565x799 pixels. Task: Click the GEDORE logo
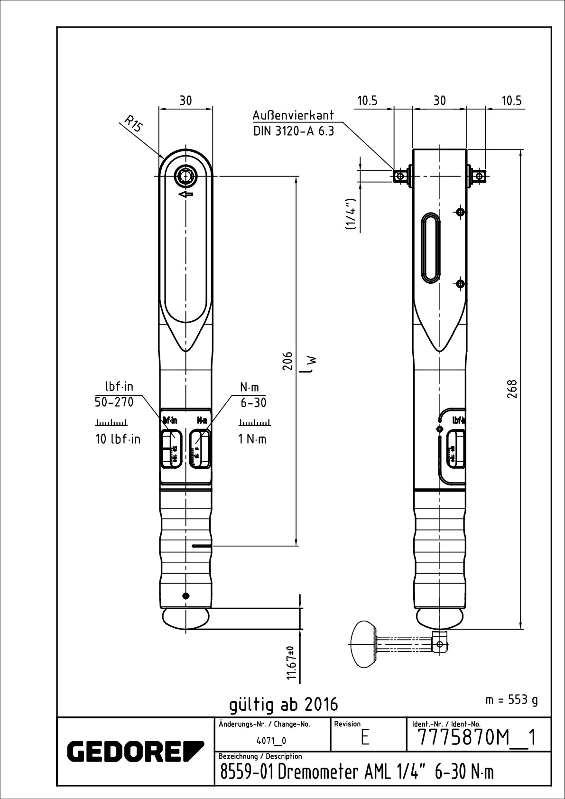(136, 750)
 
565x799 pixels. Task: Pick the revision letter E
(365, 739)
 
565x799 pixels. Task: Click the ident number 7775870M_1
(477, 738)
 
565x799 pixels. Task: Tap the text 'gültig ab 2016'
(284, 704)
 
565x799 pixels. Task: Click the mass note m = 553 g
(511, 700)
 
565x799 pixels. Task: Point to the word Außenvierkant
(293, 115)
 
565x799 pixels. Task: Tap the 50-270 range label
(114, 402)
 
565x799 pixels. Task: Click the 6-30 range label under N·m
(253, 403)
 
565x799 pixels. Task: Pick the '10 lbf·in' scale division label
(118, 439)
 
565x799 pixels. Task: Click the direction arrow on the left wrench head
(186, 194)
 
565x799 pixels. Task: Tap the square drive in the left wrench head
(186, 176)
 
